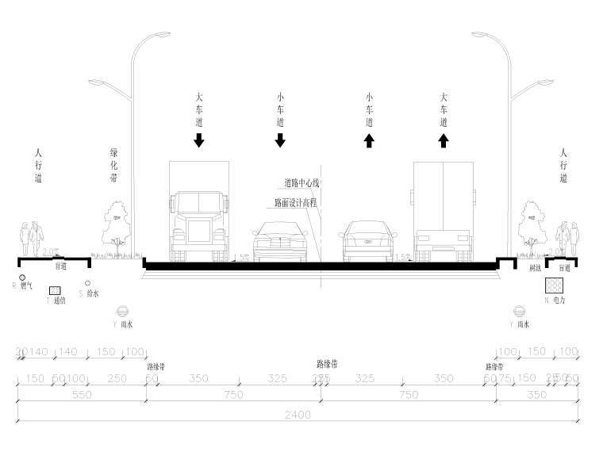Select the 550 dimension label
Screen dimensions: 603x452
click(82, 394)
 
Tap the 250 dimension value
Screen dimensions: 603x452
click(117, 379)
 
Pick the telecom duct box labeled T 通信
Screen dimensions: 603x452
click(55, 290)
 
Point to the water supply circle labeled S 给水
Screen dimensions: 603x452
click(87, 282)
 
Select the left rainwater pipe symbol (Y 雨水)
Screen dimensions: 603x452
click(122, 312)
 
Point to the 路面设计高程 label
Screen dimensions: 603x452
click(296, 203)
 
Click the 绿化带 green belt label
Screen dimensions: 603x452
click(114, 165)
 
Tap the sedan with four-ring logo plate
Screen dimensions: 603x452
click(367, 240)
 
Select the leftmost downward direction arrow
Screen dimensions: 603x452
click(199, 140)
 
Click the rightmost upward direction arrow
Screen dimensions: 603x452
click(444, 140)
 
